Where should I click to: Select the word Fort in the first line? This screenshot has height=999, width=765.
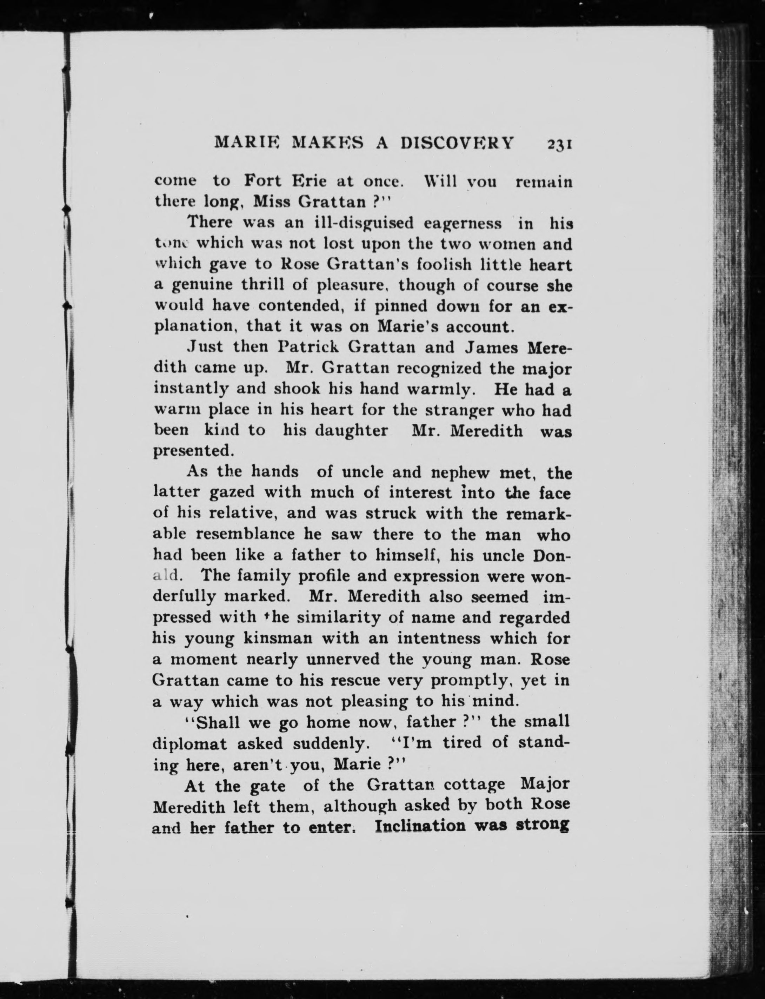click(261, 181)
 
